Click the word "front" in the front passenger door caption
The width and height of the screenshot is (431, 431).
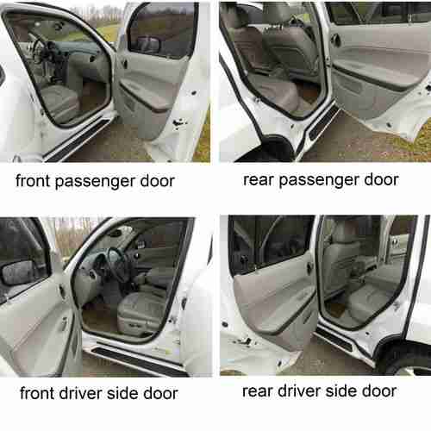point(33,180)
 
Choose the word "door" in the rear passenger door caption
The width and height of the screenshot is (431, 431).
point(381,180)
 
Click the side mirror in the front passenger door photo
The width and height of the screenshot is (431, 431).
point(149,44)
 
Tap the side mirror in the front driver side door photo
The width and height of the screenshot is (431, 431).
point(18,273)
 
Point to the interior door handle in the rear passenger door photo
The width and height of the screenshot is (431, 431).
point(334,40)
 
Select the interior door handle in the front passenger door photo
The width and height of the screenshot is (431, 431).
point(124,63)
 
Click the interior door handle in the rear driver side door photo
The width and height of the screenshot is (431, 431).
point(309,267)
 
